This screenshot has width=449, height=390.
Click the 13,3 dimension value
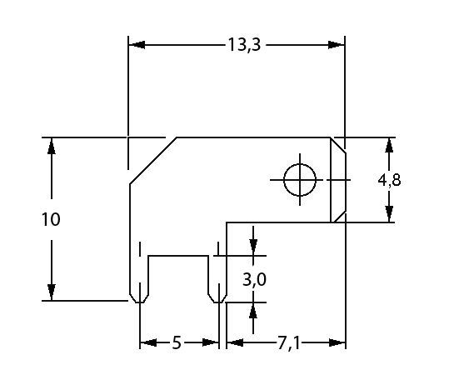tap(244, 45)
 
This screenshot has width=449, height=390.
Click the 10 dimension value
tap(51, 220)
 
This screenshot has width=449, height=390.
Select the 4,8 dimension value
tap(389, 180)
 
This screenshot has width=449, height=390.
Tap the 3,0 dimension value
tap(254, 279)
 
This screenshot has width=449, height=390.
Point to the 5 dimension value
tap(177, 342)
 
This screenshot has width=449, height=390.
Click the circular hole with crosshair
tap(299, 179)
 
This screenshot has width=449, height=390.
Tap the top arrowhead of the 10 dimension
tap(52, 146)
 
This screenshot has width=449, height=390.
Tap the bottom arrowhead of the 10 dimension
tap(52, 292)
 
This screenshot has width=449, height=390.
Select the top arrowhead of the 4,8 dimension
tap(389, 147)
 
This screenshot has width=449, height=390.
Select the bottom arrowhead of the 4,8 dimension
tap(389, 213)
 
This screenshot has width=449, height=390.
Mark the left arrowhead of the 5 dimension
tap(147, 342)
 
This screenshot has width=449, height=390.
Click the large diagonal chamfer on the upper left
tap(152, 162)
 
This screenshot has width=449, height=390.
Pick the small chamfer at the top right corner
tap(338, 145)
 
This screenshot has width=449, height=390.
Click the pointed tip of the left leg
tap(139, 301)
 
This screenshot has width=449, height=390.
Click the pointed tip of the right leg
tap(217, 301)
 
